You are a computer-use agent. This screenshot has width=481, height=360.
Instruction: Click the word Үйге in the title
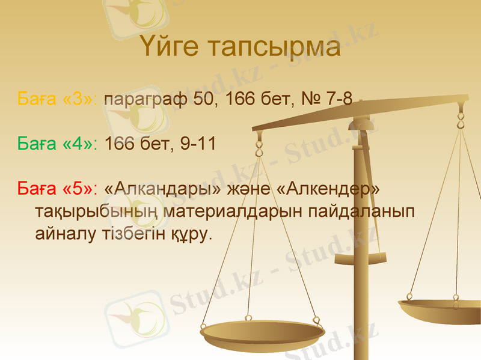coord(171,48)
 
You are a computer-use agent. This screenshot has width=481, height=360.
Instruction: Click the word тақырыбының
coord(96,212)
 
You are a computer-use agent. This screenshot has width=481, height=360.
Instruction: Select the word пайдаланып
coord(359,212)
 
